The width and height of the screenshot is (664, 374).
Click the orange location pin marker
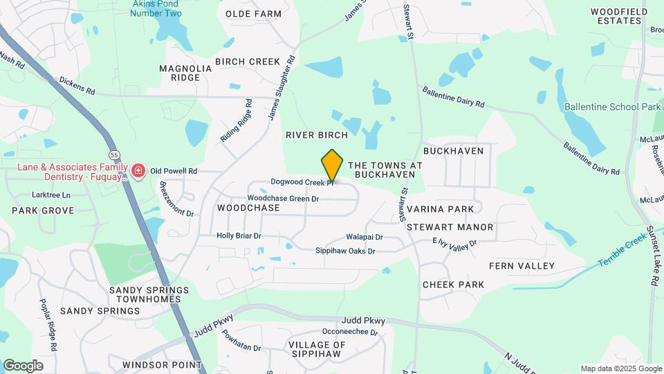[333, 166]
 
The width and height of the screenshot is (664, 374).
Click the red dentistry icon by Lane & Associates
[139, 170]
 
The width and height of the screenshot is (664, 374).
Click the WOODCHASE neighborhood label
[248, 208]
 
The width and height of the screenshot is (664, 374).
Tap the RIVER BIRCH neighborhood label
[316, 136]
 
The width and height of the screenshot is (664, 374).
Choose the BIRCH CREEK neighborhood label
[247, 62]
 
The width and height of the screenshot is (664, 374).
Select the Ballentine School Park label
[613, 107]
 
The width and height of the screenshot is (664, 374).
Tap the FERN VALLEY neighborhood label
[522, 266]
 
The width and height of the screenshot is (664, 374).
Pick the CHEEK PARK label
[453, 285]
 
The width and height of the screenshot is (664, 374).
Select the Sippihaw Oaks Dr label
[345, 251]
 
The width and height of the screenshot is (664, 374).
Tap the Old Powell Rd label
[174, 170]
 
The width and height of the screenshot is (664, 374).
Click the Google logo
[23, 365]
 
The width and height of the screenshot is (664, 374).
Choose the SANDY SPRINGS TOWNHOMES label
[148, 294]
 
